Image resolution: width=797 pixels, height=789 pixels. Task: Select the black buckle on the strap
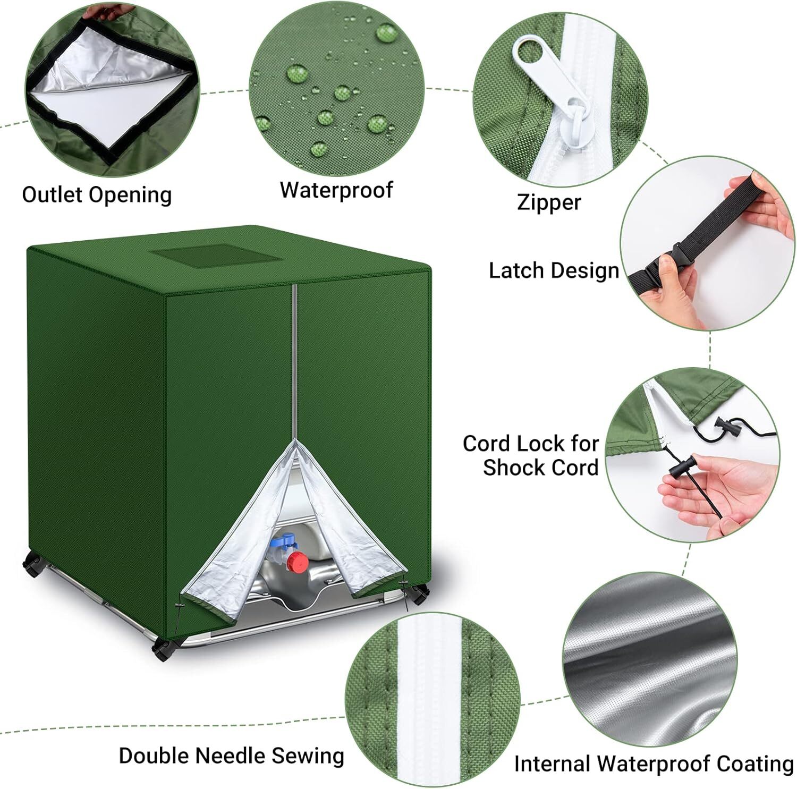click(x=663, y=267)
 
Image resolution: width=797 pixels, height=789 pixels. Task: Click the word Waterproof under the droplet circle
click(x=336, y=190)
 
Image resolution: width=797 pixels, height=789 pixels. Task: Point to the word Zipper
click(x=549, y=202)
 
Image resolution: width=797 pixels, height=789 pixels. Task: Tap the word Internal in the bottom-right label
click(x=552, y=763)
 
